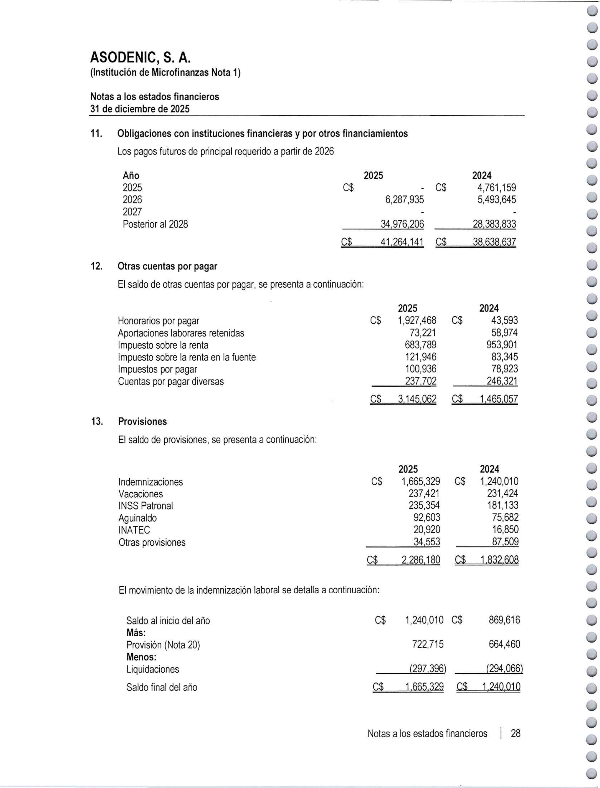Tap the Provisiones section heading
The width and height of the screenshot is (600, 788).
tap(143, 421)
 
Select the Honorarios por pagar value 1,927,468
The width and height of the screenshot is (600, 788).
tap(417, 320)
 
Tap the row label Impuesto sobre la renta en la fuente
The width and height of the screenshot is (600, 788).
tap(187, 357)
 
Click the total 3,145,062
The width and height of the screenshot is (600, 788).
tap(417, 399)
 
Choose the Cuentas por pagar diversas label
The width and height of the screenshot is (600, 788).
tap(171, 382)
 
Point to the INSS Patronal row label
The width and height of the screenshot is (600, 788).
tap(146, 506)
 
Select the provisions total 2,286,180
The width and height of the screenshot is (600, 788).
tap(421, 560)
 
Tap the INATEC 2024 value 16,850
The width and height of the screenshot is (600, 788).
tap(505, 529)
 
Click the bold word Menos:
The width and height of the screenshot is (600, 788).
tap(141, 657)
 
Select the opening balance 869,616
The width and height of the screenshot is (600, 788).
tap(504, 620)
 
